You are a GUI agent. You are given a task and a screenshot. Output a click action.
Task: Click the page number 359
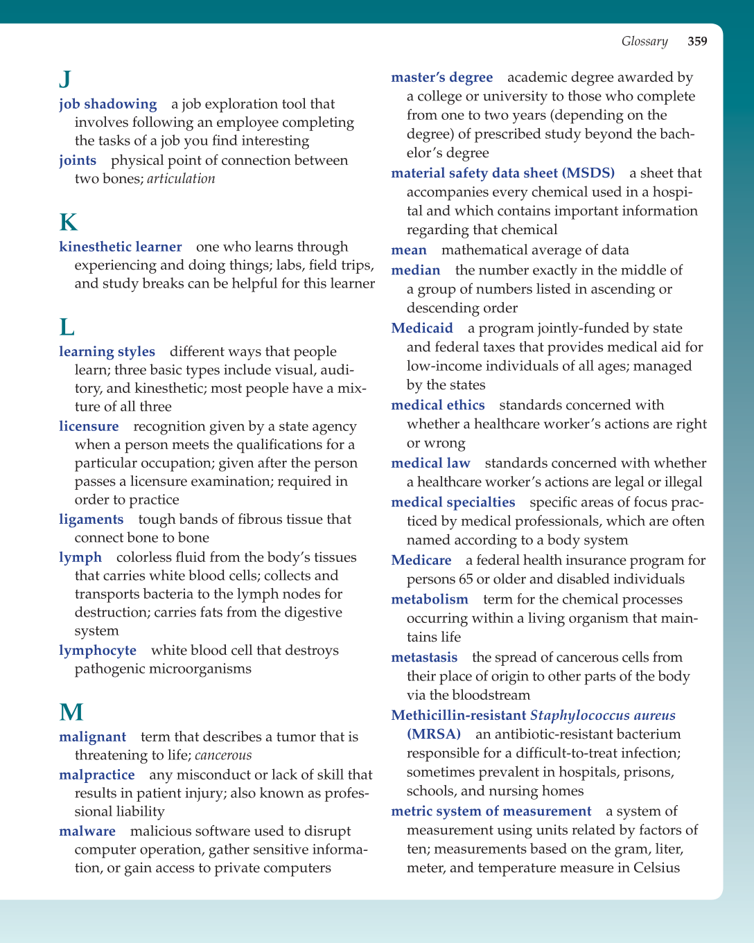pyautogui.click(x=697, y=42)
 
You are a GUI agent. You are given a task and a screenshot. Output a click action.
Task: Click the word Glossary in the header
pyautogui.click(x=645, y=42)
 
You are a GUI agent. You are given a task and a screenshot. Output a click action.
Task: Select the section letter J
pyautogui.click(x=65, y=79)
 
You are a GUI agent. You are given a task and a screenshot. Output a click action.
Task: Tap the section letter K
pyautogui.click(x=68, y=222)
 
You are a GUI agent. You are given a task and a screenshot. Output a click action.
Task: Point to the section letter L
pyautogui.click(x=67, y=327)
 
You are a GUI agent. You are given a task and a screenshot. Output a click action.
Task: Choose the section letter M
pyautogui.click(x=71, y=712)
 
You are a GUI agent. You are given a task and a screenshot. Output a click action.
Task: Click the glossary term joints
pyautogui.click(x=78, y=161)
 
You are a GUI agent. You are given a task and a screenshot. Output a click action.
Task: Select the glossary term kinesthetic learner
pyautogui.click(x=121, y=247)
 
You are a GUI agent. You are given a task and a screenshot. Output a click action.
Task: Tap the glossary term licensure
pyautogui.click(x=89, y=427)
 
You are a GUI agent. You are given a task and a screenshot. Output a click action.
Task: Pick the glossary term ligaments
pyautogui.click(x=91, y=520)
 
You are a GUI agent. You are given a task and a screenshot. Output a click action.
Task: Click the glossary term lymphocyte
pyautogui.click(x=98, y=651)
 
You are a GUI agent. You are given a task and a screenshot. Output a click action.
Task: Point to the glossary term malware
pyautogui.click(x=87, y=831)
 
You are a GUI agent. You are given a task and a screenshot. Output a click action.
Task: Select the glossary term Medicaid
pyautogui.click(x=422, y=328)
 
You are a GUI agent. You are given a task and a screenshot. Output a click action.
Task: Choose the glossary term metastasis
pyautogui.click(x=424, y=658)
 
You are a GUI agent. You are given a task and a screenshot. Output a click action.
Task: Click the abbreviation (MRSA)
pyautogui.click(x=434, y=734)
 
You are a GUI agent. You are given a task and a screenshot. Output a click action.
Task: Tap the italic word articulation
pyautogui.click(x=181, y=179)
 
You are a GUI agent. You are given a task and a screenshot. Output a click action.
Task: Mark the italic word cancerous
pyautogui.click(x=223, y=755)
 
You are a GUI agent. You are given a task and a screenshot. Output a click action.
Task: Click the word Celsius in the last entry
pyautogui.click(x=656, y=868)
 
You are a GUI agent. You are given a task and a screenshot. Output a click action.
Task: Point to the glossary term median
pyautogui.click(x=416, y=270)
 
